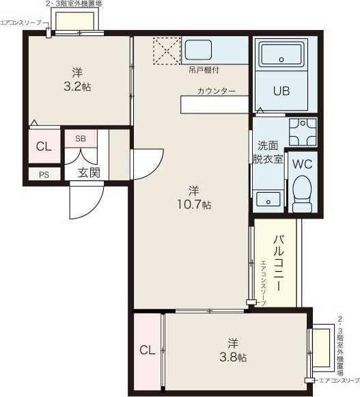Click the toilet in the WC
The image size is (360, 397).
click(x=302, y=194)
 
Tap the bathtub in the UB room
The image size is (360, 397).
click(x=281, y=54)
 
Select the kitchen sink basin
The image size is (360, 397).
click(x=198, y=50)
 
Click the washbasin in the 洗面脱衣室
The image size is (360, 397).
click(x=268, y=200)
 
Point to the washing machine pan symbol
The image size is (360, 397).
click(x=303, y=132)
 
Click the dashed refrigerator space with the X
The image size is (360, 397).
click(x=167, y=51)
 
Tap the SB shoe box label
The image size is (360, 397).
click(x=81, y=139)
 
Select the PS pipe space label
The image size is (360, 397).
click(x=44, y=175)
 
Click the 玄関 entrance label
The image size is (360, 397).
click(x=89, y=173)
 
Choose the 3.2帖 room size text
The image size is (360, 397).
click(x=77, y=87)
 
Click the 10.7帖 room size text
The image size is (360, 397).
click(x=194, y=204)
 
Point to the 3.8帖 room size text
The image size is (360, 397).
click(x=233, y=357)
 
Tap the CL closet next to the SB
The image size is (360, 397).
click(x=44, y=146)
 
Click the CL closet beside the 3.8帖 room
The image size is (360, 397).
click(x=147, y=352)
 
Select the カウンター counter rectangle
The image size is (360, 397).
click(x=214, y=105)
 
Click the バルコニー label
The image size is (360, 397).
click(x=279, y=263)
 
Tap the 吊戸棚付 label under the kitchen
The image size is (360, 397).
click(x=204, y=70)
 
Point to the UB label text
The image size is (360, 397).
click(x=281, y=91)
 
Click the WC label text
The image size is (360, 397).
click(x=303, y=165)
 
